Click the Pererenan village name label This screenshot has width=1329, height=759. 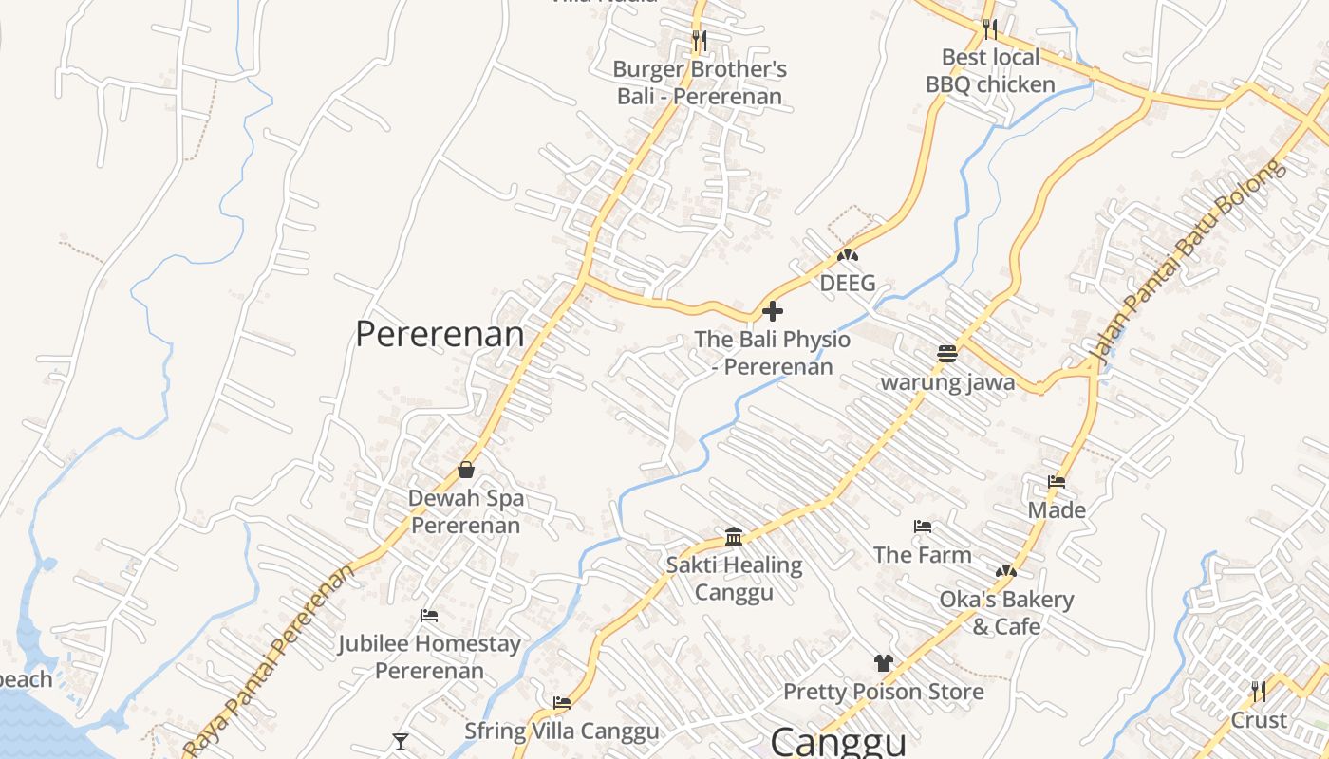(x=440, y=334)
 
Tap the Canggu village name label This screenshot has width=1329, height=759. (x=838, y=741)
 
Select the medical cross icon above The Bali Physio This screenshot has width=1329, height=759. (x=773, y=310)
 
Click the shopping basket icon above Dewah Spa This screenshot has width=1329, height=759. (x=466, y=470)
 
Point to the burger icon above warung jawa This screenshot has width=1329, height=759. (x=946, y=354)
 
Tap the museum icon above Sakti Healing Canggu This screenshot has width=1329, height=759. (x=734, y=537)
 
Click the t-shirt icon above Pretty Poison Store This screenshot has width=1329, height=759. (x=884, y=663)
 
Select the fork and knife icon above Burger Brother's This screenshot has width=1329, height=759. (x=700, y=41)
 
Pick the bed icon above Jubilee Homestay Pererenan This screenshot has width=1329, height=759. (x=429, y=616)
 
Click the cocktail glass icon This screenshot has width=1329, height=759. (x=401, y=741)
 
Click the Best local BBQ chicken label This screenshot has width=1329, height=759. (x=990, y=71)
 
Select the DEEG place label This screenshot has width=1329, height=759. (x=848, y=283)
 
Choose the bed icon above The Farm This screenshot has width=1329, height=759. (x=922, y=527)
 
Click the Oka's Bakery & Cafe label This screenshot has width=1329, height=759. (x=1006, y=613)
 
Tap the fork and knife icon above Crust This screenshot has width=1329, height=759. (x=1259, y=691)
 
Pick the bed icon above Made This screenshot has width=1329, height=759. (x=1057, y=482)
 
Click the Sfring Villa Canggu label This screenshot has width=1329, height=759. (x=561, y=731)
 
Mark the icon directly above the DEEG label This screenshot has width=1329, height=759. (x=848, y=255)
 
